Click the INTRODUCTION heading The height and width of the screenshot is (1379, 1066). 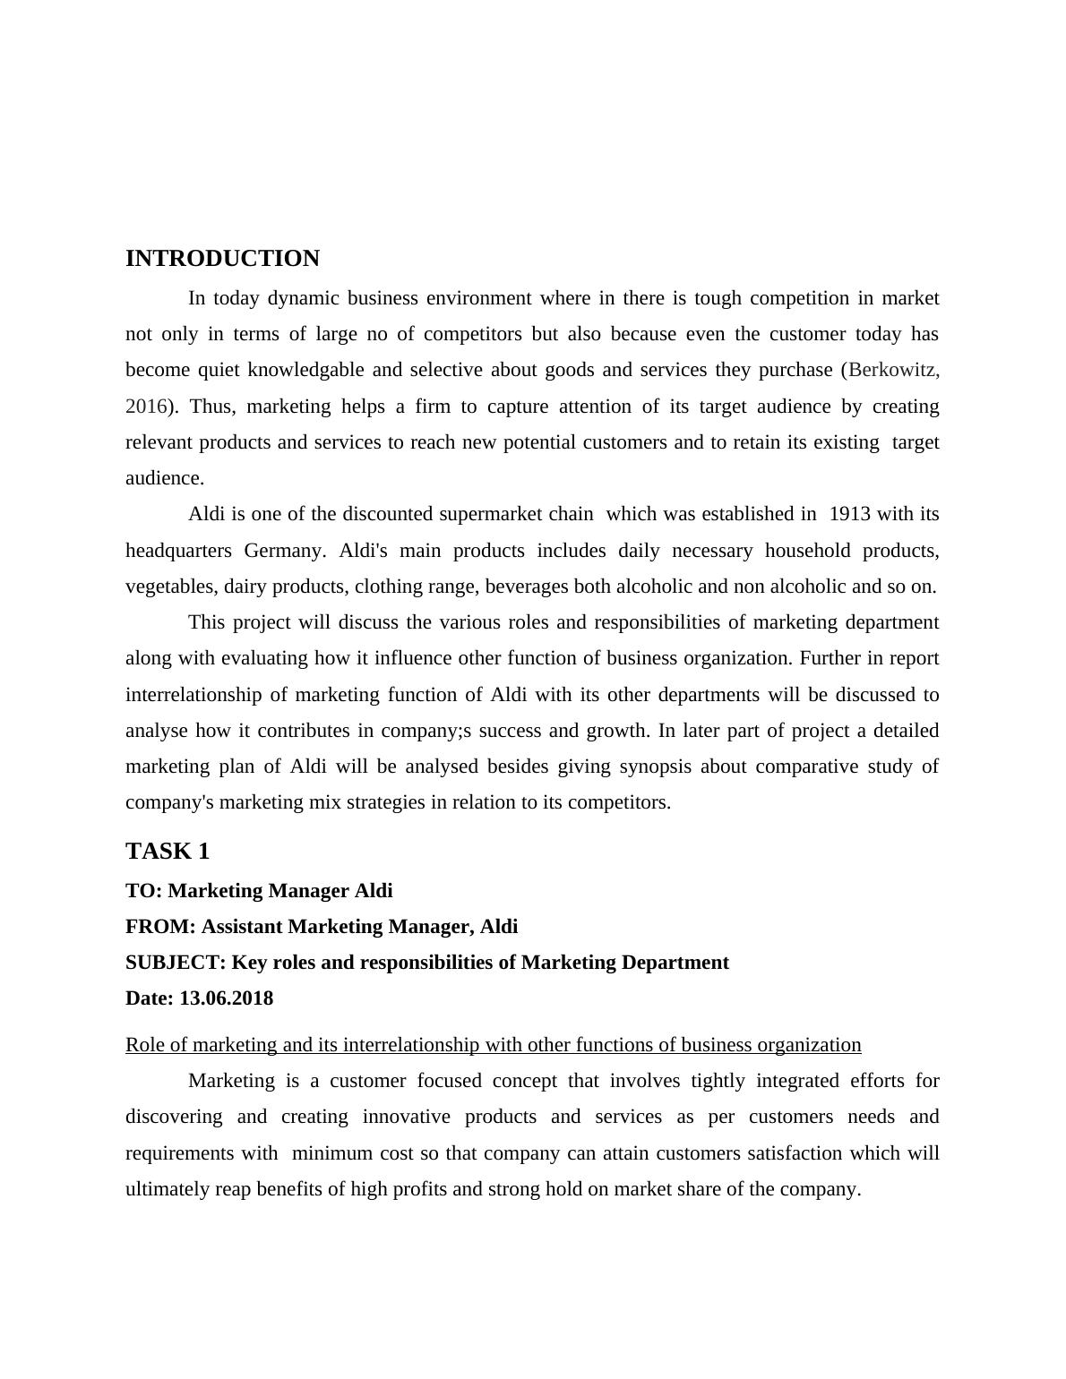pyautogui.click(x=222, y=259)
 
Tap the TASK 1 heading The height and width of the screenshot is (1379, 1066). pyautogui.click(x=168, y=851)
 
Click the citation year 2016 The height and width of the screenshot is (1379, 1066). pyautogui.click(x=146, y=407)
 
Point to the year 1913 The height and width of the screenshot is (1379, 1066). pyautogui.click(x=850, y=514)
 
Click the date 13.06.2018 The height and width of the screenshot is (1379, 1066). pyautogui.click(x=227, y=998)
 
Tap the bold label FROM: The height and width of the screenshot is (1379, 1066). pyautogui.click(x=160, y=927)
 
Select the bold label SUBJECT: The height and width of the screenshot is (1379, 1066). pyautogui.click(x=176, y=963)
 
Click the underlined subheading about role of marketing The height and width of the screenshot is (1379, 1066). pyautogui.click(x=493, y=1045)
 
